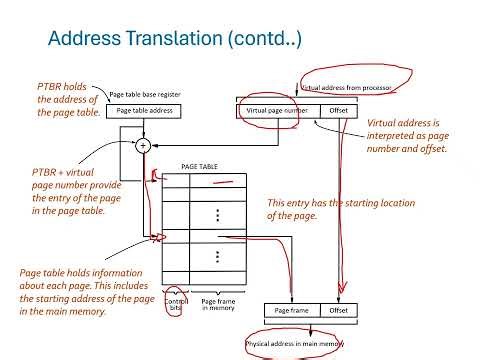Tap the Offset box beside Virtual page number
[x=336, y=112]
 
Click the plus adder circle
[x=143, y=145]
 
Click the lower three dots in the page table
[x=218, y=258]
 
